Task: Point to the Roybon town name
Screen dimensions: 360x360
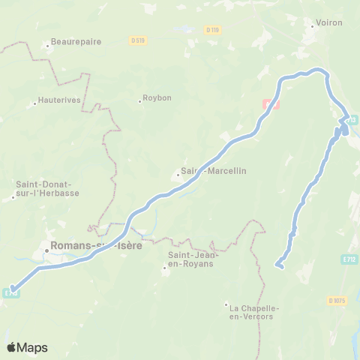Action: coord(156,98)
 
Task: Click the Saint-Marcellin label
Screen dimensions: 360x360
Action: coord(214,171)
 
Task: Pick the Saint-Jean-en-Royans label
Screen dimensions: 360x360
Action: coord(187,259)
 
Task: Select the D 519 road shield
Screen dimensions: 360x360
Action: coord(136,40)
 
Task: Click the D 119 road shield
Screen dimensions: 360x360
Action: coord(212,30)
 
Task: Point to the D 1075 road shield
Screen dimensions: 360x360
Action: coord(337,301)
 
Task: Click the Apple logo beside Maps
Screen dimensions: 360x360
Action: coord(12,347)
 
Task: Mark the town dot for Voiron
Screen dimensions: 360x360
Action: coord(313,26)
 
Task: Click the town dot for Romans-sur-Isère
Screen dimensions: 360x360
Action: coord(46,250)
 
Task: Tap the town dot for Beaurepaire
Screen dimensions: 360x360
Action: coord(47,46)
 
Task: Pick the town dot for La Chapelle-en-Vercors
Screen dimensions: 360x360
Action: coord(226,304)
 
